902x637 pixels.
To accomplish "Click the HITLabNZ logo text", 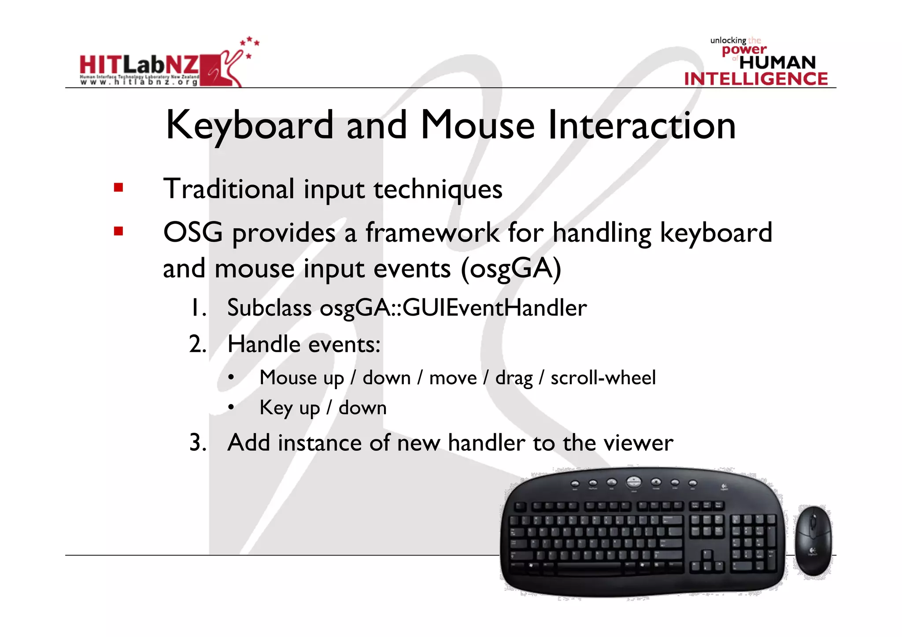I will (139, 65).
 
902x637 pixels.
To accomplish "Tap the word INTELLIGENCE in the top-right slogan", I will (756, 79).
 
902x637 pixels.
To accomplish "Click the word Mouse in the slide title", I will (477, 125).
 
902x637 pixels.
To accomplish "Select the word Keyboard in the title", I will (249, 126).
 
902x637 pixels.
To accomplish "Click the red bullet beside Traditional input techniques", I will (118, 188).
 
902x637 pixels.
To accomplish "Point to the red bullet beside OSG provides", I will (118, 231).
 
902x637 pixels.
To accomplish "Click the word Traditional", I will (229, 189).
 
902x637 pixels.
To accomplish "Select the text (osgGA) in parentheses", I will (511, 269).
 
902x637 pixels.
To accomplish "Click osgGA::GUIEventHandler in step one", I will (453, 307).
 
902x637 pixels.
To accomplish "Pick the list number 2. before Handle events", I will (197, 344).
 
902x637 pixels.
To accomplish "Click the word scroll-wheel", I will (603, 378).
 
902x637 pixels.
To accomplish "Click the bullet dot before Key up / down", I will (231, 408).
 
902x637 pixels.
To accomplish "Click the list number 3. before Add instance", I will (197, 442).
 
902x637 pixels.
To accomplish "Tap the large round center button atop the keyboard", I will (633, 482).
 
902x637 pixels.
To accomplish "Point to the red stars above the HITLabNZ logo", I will (250, 44).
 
